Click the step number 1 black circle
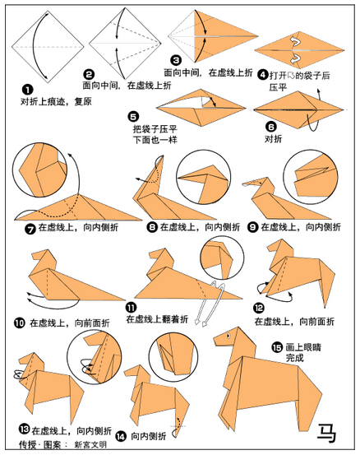coord(28,90)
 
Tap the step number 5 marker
coord(133,117)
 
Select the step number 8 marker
coord(152,227)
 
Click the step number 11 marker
coord(131,308)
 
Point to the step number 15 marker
coord(277,347)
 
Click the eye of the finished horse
coord(228,336)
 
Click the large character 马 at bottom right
coord(326,434)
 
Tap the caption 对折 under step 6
coord(273,139)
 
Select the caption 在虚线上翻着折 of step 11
coord(157,319)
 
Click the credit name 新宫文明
coord(90,444)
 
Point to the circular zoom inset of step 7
coord(39,170)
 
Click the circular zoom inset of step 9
coord(311,177)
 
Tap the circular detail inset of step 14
coord(173,356)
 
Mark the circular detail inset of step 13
coord(95,357)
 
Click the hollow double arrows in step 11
coord(209,304)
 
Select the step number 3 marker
coord(176,60)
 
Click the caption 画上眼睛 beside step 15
coord(303,347)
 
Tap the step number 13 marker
coord(25,429)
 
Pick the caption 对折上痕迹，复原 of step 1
coord(56,101)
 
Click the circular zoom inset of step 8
coord(204,178)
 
